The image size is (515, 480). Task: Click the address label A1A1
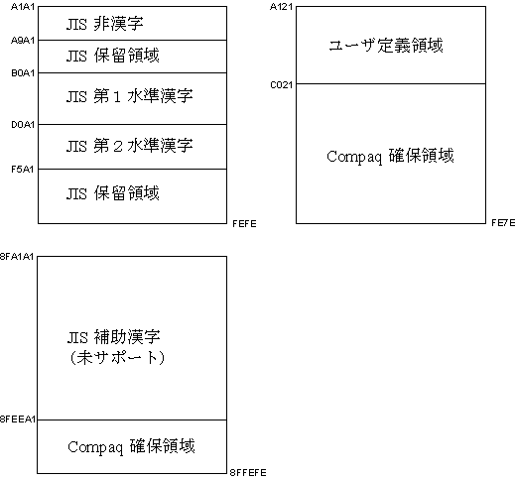point(23,7)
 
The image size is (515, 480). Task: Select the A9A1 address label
point(23,41)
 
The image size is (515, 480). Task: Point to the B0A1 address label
point(23,73)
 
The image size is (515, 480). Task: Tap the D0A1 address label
point(23,125)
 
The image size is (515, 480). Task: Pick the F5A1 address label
point(23,170)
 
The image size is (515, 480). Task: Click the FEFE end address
point(244,224)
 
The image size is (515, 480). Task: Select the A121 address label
point(281,7)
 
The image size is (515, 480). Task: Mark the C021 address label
point(282,85)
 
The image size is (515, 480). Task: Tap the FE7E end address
point(503,223)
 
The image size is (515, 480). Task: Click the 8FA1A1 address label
point(17,257)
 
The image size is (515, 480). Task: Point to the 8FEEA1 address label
point(18,420)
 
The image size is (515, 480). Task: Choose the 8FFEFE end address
point(248,473)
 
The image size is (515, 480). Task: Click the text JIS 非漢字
point(105,24)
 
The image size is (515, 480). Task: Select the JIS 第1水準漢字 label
point(129,96)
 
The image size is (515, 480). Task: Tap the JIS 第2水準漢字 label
point(129,146)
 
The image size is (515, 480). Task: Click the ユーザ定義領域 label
point(386,46)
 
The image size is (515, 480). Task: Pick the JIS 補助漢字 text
point(114,337)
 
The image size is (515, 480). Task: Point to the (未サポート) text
point(117,358)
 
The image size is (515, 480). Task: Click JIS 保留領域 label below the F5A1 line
point(113,193)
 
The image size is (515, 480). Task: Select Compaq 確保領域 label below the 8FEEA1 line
point(131,447)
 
